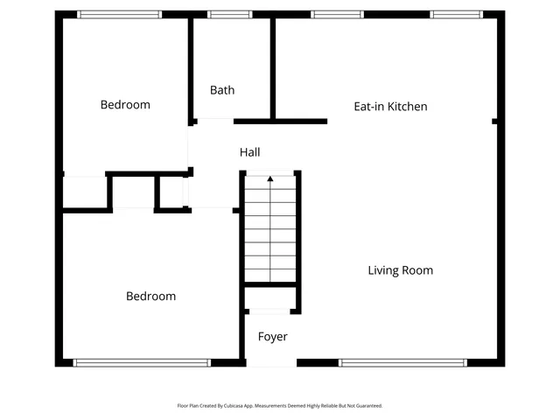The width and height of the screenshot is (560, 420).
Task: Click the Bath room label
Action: pos(222,90)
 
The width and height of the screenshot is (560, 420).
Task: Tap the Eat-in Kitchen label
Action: pos(390,107)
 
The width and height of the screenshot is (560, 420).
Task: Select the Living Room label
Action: pos(400,270)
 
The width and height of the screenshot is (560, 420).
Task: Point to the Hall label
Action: pos(250,152)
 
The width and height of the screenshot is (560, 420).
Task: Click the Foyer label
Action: pos(272,337)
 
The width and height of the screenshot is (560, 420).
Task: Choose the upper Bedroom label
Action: pos(125,105)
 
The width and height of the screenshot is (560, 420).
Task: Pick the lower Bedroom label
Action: pos(150,297)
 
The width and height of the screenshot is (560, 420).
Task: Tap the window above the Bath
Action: pos(229,14)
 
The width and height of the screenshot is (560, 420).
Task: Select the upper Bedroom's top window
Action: pos(119,14)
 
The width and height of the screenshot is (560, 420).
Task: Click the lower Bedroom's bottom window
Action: pos(142,362)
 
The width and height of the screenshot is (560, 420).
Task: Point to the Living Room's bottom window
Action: pos(402,362)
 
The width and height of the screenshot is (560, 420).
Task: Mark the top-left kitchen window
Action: pos(325,14)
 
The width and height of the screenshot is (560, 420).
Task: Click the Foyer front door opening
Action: pos(271,362)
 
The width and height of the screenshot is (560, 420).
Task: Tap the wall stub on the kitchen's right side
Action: pos(495,121)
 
